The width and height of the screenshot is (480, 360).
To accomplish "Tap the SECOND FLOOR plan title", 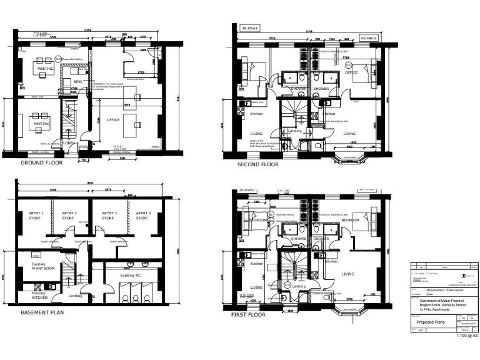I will coord(257,164).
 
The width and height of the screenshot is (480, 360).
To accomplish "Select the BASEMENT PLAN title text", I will coord(42,312).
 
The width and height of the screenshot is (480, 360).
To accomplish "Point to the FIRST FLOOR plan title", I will coord(249,314).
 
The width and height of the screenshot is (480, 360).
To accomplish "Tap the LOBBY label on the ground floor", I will coord(69,142).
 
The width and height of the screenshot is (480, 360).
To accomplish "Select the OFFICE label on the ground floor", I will coord(113,119).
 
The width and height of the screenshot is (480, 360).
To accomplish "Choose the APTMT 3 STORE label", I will coord(109,216).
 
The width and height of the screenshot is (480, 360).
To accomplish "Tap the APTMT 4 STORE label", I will coord(142,216).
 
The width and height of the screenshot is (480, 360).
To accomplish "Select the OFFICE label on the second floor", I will coord(351,72).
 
